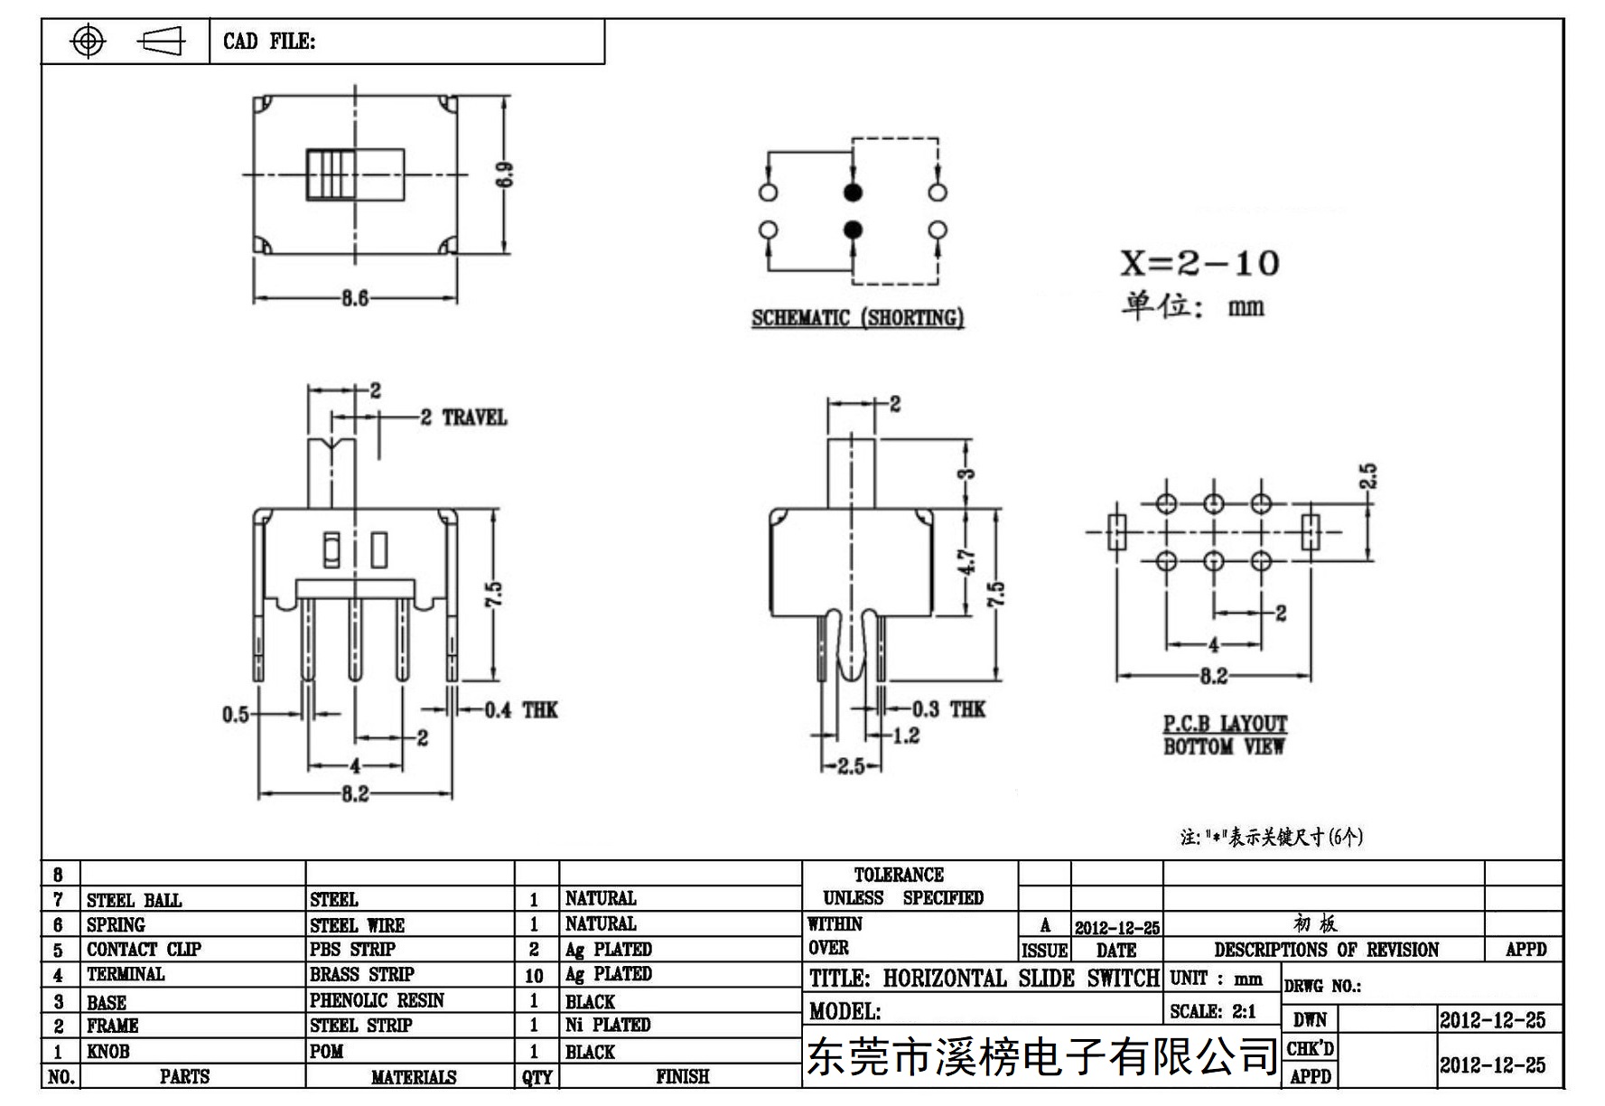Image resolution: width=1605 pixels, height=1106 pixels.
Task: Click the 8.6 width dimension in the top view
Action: [x=355, y=298]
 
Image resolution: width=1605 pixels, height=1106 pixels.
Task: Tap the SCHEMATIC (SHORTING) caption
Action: [x=858, y=318]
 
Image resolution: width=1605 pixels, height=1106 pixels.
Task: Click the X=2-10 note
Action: [x=1200, y=263]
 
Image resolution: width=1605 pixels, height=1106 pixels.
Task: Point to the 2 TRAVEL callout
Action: [x=463, y=417]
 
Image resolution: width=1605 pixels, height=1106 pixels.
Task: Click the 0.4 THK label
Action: [x=521, y=710]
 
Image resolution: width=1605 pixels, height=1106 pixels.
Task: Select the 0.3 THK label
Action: [x=948, y=709]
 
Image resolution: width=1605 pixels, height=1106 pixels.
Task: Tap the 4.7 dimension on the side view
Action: [x=967, y=562]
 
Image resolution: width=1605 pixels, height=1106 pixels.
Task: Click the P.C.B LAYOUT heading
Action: [x=1225, y=724]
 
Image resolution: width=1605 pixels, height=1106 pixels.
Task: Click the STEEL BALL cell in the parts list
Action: [x=134, y=900]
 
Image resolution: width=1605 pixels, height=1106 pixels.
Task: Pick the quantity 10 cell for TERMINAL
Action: [x=535, y=976]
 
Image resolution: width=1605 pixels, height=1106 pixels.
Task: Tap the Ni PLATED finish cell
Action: [x=608, y=1025]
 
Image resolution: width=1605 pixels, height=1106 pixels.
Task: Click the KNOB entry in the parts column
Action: [x=108, y=1052]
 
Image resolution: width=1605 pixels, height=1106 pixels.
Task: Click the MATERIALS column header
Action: [x=414, y=1077]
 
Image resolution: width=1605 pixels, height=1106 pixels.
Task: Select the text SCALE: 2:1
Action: [x=1213, y=1011]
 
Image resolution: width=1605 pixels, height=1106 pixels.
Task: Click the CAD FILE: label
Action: [x=269, y=42]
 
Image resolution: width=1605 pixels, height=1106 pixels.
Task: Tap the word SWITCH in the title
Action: [x=1124, y=979]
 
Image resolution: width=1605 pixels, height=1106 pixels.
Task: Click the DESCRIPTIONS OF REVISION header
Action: [x=1326, y=950]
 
